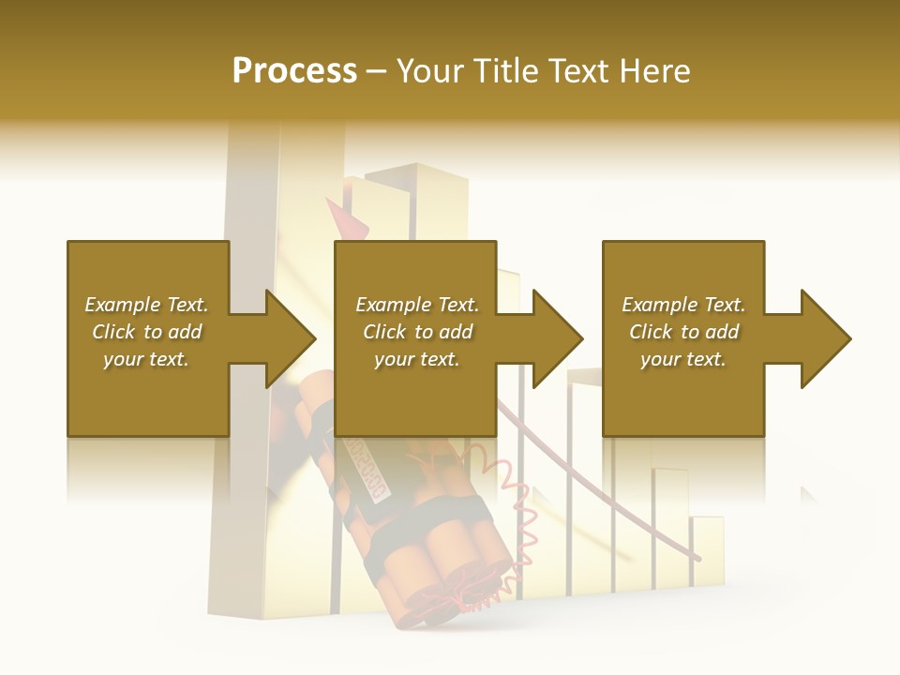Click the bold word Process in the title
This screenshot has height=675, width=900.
click(x=294, y=71)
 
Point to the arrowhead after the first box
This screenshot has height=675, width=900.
click(x=291, y=338)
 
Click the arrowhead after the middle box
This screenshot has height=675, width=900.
click(x=558, y=338)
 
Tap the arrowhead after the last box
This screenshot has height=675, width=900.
click(x=826, y=338)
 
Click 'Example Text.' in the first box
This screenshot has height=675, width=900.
click(x=146, y=305)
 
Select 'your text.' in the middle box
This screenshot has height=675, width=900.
click(x=416, y=359)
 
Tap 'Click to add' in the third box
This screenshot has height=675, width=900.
click(x=684, y=332)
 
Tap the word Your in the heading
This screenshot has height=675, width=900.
click(x=432, y=71)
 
